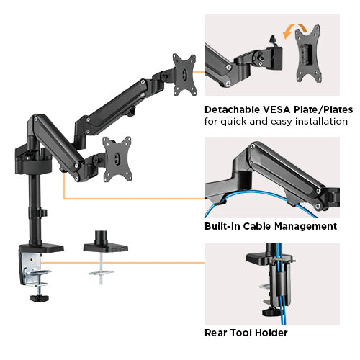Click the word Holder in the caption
click(x=274, y=333)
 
